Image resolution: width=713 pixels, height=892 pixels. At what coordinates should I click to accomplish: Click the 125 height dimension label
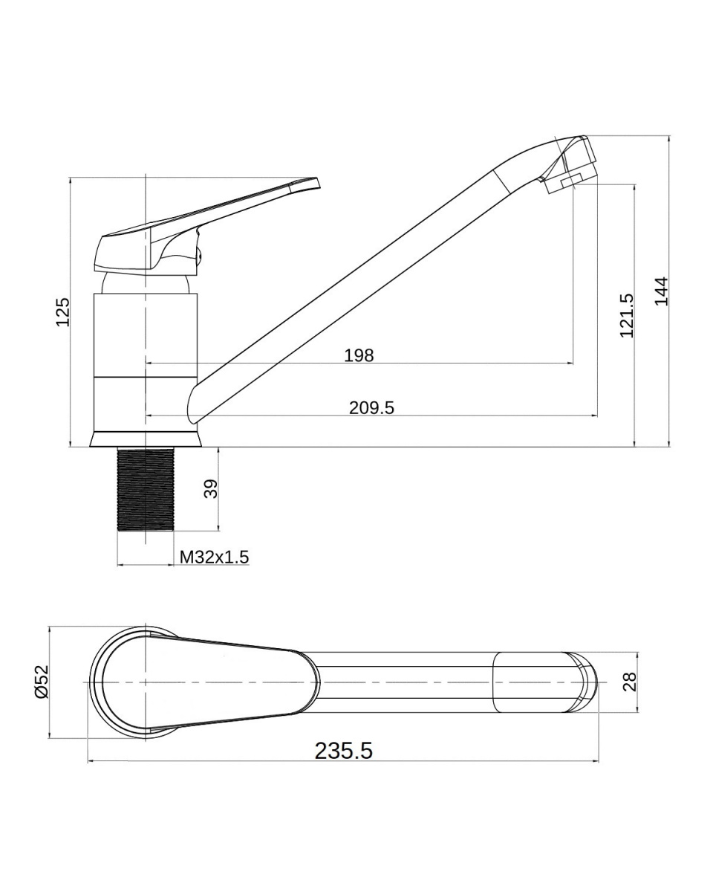pyautogui.click(x=63, y=311)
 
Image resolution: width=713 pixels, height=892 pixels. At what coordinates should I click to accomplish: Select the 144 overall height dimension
pyautogui.click(x=662, y=291)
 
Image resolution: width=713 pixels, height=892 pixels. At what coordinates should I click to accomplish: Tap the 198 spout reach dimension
pyautogui.click(x=359, y=355)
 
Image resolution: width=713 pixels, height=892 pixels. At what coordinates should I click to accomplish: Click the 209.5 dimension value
pyautogui.click(x=371, y=407)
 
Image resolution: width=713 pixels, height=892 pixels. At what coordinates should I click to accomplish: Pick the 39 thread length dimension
pyautogui.click(x=211, y=488)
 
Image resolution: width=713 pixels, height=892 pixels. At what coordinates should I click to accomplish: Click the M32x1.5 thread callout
pyautogui.click(x=214, y=557)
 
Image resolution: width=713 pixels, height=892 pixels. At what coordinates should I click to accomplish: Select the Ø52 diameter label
pyautogui.click(x=42, y=682)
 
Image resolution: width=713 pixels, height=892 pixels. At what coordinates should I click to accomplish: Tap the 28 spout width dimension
pyautogui.click(x=629, y=682)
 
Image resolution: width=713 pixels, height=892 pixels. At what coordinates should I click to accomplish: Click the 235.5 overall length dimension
pyautogui.click(x=344, y=751)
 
